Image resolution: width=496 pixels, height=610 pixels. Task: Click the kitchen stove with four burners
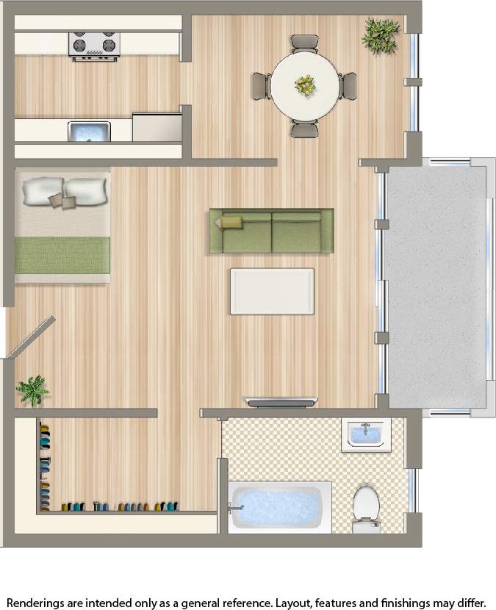pos(94,45)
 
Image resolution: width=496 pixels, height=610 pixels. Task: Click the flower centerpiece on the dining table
pos(305,85)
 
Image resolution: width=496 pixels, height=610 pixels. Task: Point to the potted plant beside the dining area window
pos(381,33)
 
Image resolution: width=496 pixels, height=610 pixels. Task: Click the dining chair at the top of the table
pos(305,43)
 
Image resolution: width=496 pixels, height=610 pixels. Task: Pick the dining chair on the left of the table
pos(261,86)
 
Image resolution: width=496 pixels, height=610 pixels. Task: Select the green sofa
pos(271,232)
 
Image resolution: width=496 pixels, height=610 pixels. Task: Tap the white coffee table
pos(272,292)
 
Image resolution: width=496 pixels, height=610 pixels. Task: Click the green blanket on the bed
pos(62,250)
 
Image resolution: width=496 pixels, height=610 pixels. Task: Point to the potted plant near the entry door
pos(32,390)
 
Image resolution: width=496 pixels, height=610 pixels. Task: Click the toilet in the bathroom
pos(365,507)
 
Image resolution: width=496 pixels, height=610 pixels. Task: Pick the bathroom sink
pos(365,434)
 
